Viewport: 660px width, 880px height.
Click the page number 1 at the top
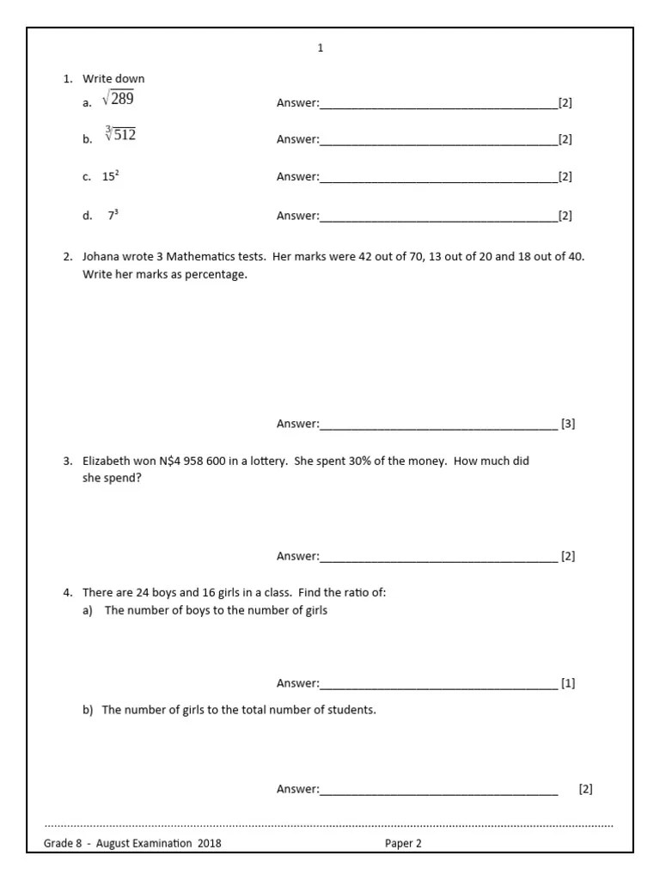pos(321,48)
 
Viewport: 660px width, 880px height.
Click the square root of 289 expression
pos(118,100)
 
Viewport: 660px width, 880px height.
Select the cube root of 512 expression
pos(120,135)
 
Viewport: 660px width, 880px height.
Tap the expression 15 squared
pos(111,176)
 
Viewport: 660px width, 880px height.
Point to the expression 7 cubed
pos(113,216)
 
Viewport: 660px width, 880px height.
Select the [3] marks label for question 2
pos(568,424)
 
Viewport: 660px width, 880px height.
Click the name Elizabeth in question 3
pos(107,461)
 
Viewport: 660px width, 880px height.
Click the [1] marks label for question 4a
pos(568,684)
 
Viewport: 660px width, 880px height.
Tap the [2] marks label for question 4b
pos(585,789)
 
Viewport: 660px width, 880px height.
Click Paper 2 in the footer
pos(403,843)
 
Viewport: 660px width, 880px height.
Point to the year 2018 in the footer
pos(209,843)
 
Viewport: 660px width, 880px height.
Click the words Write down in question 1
pos(113,79)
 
